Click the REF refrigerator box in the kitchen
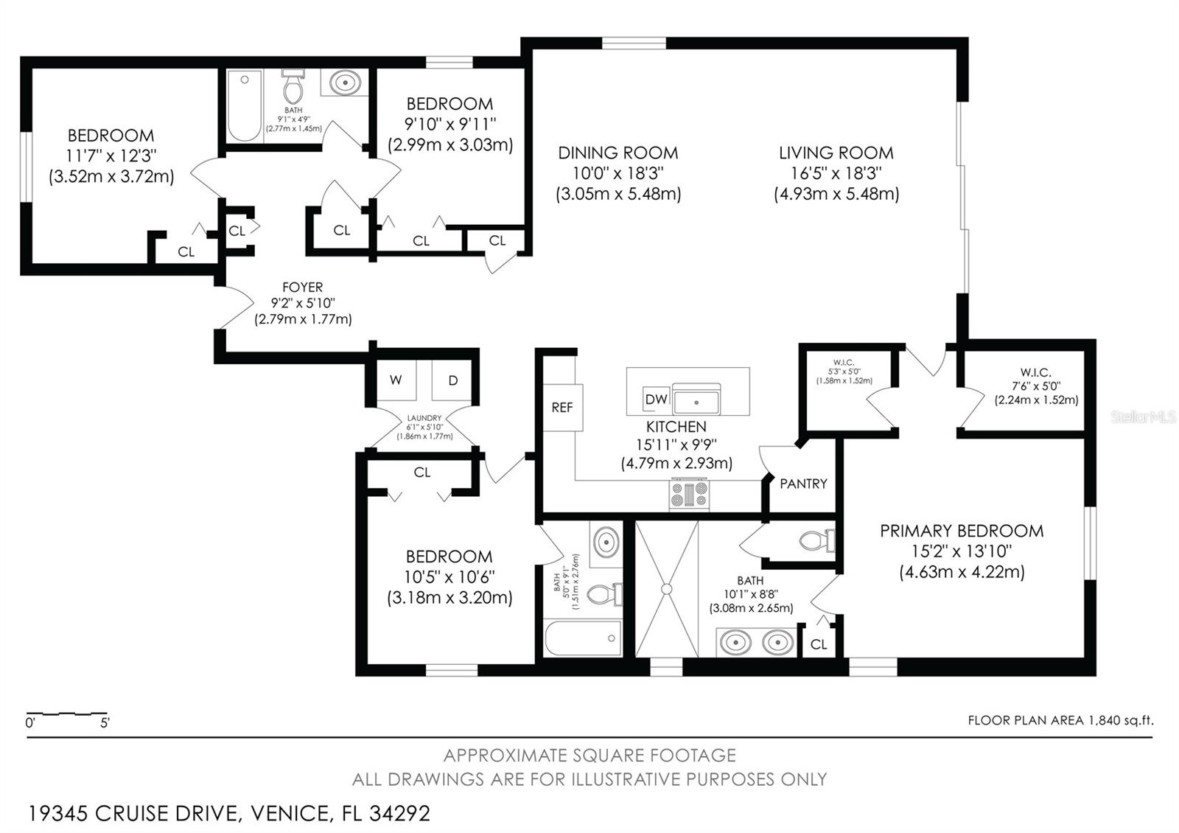pos(562,407)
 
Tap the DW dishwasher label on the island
pos(656,399)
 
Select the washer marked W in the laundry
pos(396,380)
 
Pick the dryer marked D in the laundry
pos(453,380)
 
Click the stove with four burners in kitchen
pos(689,494)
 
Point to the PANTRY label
pos(803,484)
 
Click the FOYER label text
pos(302,287)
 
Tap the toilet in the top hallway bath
pos(293,88)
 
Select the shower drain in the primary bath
pos(666,589)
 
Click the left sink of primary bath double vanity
pos(735,642)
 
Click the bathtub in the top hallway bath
pos(244,105)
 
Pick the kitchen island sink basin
pos(696,402)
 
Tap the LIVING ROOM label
pos(836,153)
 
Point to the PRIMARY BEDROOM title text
pos(961,531)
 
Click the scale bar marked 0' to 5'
pos(66,714)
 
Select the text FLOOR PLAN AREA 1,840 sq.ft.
pos(1060,720)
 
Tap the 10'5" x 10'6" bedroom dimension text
pos(449,576)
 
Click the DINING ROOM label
pos(618,153)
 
